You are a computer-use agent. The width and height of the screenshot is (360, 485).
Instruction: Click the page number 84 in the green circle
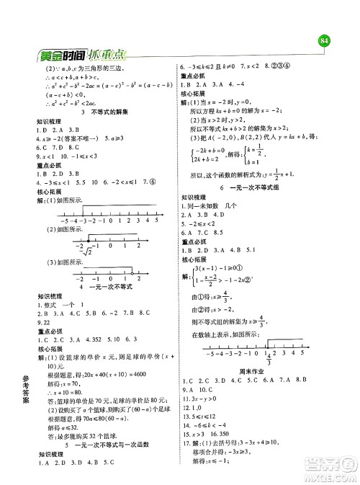click(323, 40)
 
